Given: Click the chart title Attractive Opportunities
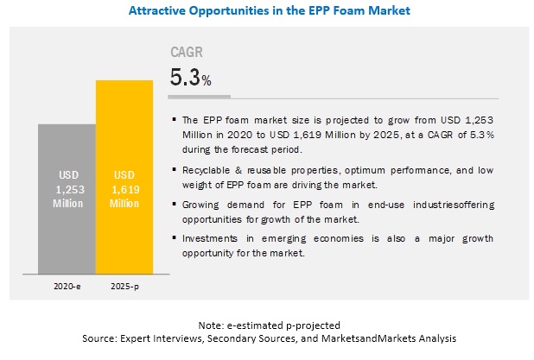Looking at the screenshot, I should [x=267, y=11].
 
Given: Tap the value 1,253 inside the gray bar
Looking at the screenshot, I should [x=67, y=188].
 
